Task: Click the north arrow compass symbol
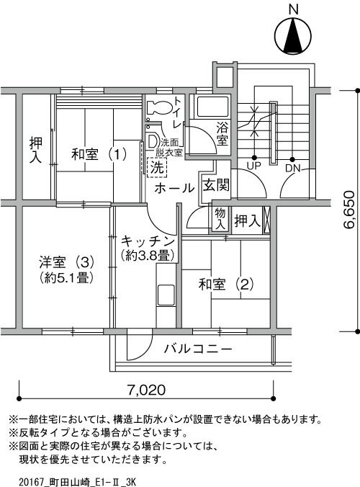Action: (x=293, y=37)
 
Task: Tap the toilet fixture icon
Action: (x=159, y=107)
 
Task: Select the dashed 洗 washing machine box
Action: (x=157, y=168)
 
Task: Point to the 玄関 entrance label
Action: (x=216, y=185)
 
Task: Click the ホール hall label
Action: (x=174, y=188)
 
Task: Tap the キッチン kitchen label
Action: (x=148, y=241)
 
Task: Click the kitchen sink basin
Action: (x=166, y=295)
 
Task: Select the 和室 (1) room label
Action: (x=99, y=154)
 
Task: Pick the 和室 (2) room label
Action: (x=226, y=284)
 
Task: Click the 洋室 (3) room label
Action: (x=66, y=262)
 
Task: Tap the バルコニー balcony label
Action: (x=198, y=349)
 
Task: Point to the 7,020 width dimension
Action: (x=146, y=390)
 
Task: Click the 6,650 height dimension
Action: (x=348, y=210)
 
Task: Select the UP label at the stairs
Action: (x=253, y=166)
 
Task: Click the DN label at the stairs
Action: (x=293, y=168)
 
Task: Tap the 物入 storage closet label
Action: (x=220, y=219)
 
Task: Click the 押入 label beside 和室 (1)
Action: (x=36, y=151)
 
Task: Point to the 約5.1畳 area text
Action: (x=66, y=277)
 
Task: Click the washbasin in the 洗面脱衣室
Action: (x=153, y=141)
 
